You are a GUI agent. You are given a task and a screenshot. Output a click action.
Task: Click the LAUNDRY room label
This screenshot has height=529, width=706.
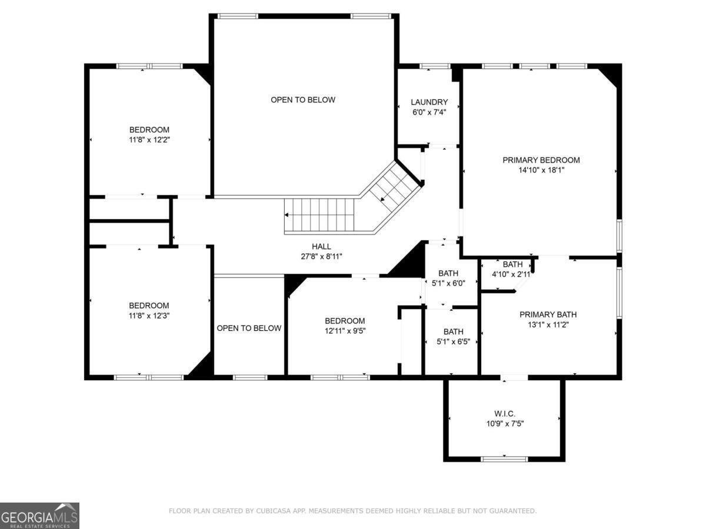429,102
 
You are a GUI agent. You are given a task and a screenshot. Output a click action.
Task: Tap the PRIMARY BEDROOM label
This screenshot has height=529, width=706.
541,160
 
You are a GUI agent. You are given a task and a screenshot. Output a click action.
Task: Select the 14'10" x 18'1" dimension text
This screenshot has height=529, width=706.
541,170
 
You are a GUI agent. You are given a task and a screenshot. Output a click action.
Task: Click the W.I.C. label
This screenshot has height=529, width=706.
505,413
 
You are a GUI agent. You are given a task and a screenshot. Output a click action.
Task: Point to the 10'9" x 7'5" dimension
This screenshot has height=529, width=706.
505,423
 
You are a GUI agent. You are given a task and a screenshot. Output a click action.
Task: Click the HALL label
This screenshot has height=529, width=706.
321,246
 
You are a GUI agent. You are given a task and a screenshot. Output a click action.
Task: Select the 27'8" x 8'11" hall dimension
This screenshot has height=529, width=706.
321,256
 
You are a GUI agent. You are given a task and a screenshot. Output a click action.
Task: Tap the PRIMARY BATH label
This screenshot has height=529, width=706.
548,314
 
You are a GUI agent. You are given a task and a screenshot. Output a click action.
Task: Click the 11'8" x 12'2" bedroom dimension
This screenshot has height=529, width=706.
149,140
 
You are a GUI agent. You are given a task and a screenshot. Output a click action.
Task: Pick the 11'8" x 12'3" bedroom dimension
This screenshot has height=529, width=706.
149,316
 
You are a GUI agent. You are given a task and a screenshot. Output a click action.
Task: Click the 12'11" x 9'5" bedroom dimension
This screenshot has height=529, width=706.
345,331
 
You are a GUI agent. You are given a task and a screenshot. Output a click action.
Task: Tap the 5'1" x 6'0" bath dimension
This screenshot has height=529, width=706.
448,283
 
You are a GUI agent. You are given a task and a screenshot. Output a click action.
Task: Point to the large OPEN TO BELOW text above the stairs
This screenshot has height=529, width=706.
303,100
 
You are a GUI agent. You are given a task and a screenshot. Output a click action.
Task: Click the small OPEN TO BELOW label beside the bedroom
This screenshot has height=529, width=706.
249,328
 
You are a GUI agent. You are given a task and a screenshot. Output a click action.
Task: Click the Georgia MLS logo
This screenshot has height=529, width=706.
39,515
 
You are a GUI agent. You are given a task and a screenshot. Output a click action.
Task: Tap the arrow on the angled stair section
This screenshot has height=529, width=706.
384,199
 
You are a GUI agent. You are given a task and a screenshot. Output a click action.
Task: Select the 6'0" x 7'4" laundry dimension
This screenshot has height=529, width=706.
429,112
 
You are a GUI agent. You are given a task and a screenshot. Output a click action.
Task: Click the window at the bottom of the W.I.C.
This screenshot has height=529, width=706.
504,458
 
